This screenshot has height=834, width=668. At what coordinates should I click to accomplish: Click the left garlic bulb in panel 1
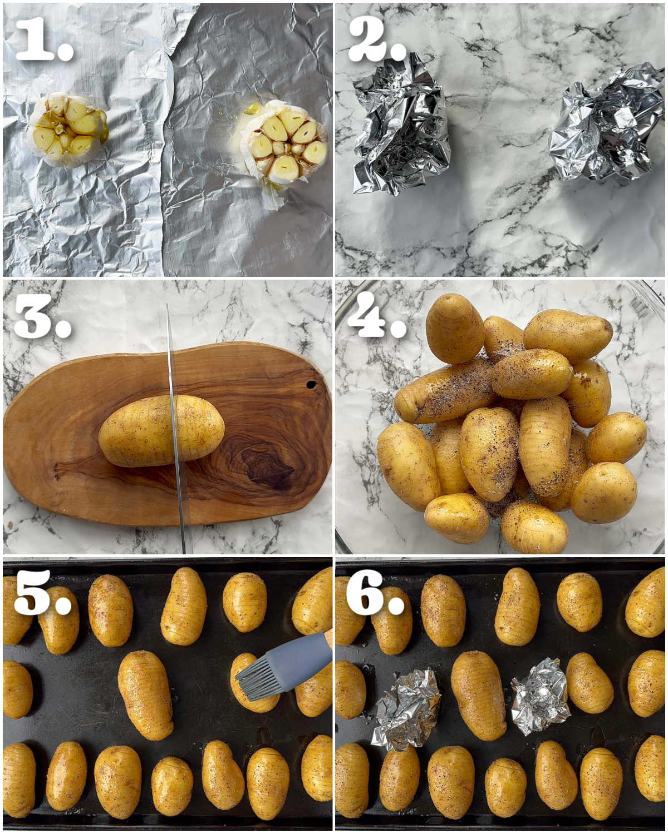(67, 130)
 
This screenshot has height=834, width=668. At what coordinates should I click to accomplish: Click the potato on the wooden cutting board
(161, 430)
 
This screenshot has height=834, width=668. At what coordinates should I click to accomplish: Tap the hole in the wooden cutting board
(311, 385)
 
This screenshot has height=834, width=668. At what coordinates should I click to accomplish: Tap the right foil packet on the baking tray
(541, 701)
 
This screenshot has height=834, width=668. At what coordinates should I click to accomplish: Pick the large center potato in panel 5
(145, 696)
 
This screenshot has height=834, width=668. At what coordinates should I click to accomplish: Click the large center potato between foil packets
(479, 696)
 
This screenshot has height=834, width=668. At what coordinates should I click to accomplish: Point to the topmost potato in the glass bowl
(455, 329)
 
